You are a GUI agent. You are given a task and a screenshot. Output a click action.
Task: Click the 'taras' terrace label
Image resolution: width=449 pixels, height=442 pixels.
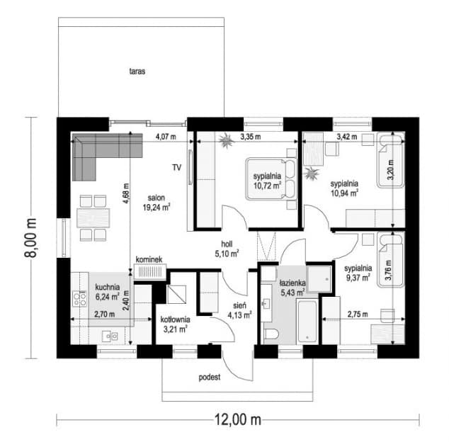point(137,71)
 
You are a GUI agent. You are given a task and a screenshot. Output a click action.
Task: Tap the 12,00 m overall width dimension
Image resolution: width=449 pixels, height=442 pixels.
point(238,420)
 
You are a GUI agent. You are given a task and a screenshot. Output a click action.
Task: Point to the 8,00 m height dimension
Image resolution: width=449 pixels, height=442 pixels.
point(31,238)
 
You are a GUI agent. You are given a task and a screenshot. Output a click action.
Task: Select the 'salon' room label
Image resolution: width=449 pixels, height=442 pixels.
point(157,198)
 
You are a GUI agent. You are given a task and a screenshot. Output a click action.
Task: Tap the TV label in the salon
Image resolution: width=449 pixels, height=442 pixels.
point(176,167)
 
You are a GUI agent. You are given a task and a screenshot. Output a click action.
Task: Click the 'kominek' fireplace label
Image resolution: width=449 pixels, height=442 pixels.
point(149,259)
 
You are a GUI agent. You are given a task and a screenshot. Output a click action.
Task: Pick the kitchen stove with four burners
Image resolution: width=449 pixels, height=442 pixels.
point(79,299)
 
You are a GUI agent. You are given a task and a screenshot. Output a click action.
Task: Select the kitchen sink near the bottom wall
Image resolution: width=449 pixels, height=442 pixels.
point(110,336)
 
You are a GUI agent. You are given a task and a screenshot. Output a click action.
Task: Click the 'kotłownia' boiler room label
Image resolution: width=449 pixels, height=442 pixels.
point(175,319)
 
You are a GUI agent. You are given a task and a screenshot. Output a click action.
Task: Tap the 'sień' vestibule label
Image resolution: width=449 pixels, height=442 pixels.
point(239,306)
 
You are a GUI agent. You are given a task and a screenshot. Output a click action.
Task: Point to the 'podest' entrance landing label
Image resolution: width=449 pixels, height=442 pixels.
point(210,378)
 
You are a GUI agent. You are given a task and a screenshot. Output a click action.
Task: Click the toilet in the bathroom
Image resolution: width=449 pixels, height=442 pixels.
point(271,334)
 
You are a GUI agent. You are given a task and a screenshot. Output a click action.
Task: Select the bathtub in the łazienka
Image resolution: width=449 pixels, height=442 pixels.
point(307,321)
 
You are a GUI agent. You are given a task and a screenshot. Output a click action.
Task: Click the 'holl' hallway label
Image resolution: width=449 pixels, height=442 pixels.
point(227,244)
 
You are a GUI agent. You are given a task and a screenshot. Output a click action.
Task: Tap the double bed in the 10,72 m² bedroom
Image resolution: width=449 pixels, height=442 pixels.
point(271,178)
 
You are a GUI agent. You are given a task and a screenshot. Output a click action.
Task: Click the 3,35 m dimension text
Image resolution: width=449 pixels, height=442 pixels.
point(251,137)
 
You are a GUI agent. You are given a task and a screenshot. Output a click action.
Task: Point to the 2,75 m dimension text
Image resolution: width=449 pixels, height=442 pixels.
point(358,314)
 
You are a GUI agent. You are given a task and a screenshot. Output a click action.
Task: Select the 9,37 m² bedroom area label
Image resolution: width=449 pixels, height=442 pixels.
point(358,278)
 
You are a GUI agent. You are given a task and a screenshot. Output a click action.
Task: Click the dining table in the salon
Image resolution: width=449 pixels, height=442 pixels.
point(93,218)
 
